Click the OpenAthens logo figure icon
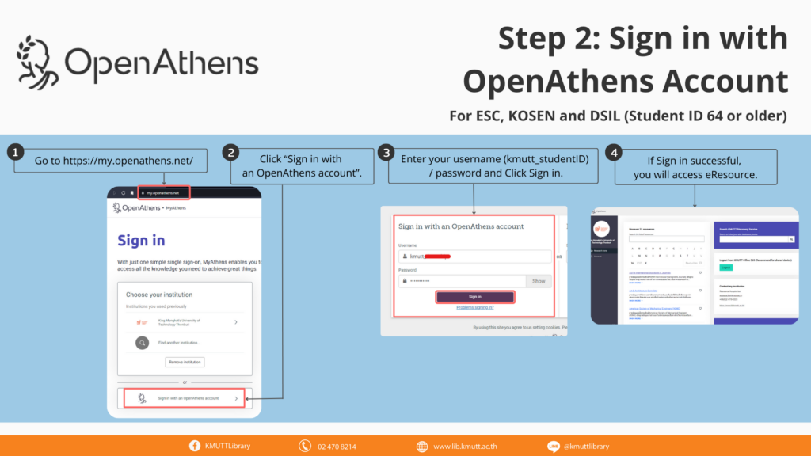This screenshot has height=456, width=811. [39, 61]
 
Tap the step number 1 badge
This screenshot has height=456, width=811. [13, 152]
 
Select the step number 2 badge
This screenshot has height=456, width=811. [230, 152]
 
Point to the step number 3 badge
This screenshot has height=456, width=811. [386, 152]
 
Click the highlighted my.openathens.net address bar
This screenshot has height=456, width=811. [163, 192]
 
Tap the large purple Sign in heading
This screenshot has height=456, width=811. [141, 240]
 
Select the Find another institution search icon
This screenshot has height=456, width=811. [142, 343]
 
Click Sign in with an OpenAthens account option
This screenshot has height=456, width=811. [184, 397]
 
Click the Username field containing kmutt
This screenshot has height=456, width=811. [475, 256]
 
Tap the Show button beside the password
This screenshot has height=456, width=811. [538, 281]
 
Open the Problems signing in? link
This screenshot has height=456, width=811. [475, 307]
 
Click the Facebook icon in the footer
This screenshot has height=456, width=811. [195, 446]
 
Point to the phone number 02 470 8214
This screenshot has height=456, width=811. [337, 446]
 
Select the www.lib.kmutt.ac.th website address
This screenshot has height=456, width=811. [466, 446]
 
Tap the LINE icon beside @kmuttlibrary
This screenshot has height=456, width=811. [554, 446]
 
